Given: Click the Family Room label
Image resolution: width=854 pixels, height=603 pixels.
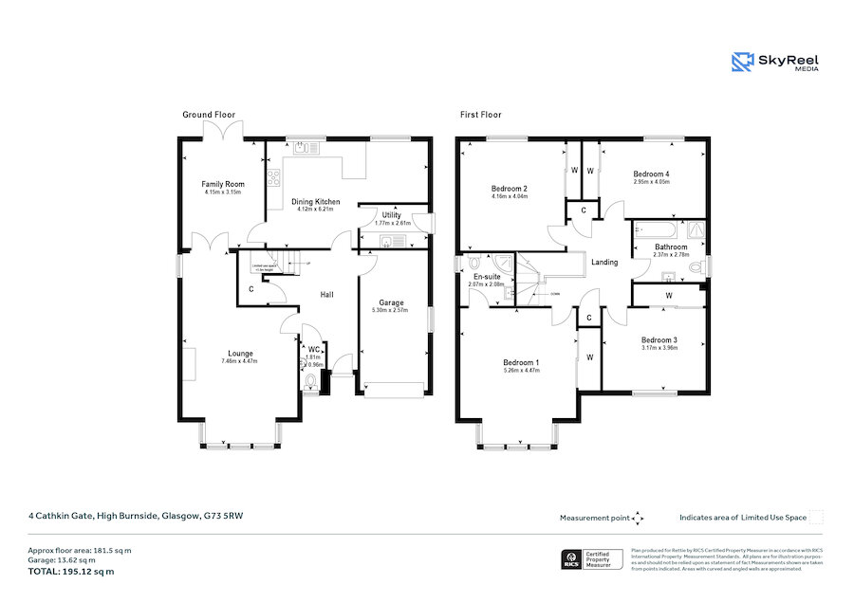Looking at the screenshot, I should pyautogui.click(x=222, y=184).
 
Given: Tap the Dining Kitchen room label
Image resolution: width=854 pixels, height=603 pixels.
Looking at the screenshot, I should pyautogui.click(x=315, y=201).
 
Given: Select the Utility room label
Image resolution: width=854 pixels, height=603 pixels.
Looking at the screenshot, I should pyautogui.click(x=391, y=216).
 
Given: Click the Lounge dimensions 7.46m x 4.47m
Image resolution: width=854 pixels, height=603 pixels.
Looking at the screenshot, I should pyautogui.click(x=239, y=361).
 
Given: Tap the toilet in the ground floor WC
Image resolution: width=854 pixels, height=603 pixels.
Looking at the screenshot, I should pyautogui.click(x=311, y=381).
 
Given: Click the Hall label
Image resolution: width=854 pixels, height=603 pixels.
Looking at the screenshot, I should pyautogui.click(x=326, y=295).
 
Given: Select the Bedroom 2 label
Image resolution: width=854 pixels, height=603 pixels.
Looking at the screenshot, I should pyautogui.click(x=510, y=189).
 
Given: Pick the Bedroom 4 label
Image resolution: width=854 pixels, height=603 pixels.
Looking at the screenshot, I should pyautogui.click(x=652, y=174).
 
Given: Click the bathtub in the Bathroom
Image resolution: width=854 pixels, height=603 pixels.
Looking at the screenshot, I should pyautogui.click(x=656, y=229).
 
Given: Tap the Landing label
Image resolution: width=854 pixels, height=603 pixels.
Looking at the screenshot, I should pyautogui.click(x=604, y=263).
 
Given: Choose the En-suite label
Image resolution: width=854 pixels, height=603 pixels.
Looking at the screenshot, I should pyautogui.click(x=485, y=276).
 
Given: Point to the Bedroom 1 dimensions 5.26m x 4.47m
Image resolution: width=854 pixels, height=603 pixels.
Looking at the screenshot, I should pyautogui.click(x=521, y=371).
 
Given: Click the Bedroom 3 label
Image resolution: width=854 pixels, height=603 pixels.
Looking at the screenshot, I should pyautogui.click(x=659, y=340).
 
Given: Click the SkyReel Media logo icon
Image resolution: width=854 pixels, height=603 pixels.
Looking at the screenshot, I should pyautogui.click(x=742, y=63).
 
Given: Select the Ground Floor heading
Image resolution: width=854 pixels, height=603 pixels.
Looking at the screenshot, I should pyautogui.click(x=209, y=115).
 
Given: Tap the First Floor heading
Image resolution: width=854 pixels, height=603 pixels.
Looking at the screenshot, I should pyautogui.click(x=480, y=115).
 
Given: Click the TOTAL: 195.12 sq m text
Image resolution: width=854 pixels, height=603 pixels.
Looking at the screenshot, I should pyautogui.click(x=71, y=572).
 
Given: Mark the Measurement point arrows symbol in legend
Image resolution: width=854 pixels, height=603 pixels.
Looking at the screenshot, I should pyautogui.click(x=638, y=518).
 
